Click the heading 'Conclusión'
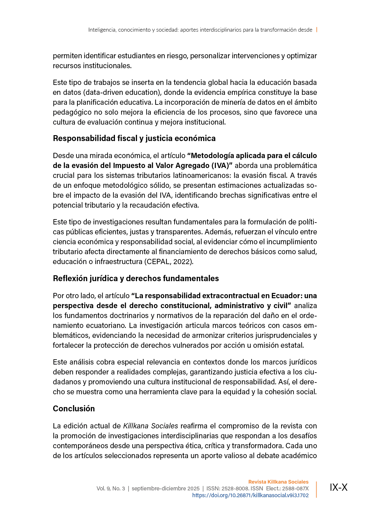[x=74, y=409]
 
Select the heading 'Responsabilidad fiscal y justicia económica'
[x=134, y=138]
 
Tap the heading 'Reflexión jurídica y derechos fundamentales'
[x=136, y=278]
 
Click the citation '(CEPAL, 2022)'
[x=168, y=262]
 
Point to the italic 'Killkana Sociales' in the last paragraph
[x=150, y=426]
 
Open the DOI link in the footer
[x=250, y=495]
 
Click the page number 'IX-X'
[x=338, y=488]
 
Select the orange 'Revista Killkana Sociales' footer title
[x=278, y=482]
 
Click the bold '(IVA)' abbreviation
[x=222, y=166]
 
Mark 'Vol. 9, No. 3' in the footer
[x=111, y=489]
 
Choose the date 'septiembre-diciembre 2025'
[x=166, y=489]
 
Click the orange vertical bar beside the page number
[x=316, y=489]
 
